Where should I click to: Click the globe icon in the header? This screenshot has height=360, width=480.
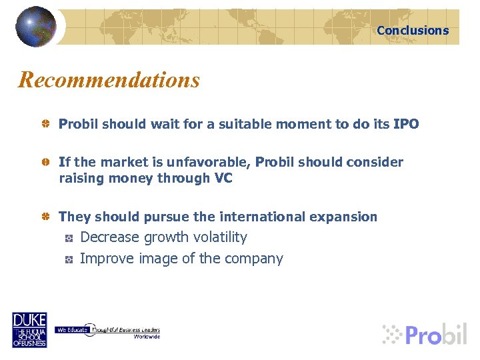(36, 26)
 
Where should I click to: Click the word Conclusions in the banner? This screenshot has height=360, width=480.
(413, 30)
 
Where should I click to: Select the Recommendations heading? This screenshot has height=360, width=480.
(109, 80)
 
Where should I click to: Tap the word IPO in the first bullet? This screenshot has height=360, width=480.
(405, 124)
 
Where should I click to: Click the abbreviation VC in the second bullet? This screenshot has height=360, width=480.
(223, 178)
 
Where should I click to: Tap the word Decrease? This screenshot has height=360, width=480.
(110, 237)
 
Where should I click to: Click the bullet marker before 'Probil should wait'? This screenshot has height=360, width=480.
(45, 125)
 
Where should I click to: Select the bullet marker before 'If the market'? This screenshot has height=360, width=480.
(45, 163)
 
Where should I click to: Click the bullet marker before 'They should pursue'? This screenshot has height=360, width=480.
(45, 217)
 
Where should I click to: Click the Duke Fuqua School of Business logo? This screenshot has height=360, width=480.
(29, 330)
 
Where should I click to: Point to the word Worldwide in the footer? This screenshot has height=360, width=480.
(147, 337)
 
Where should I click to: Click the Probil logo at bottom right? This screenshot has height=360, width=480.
(424, 334)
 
